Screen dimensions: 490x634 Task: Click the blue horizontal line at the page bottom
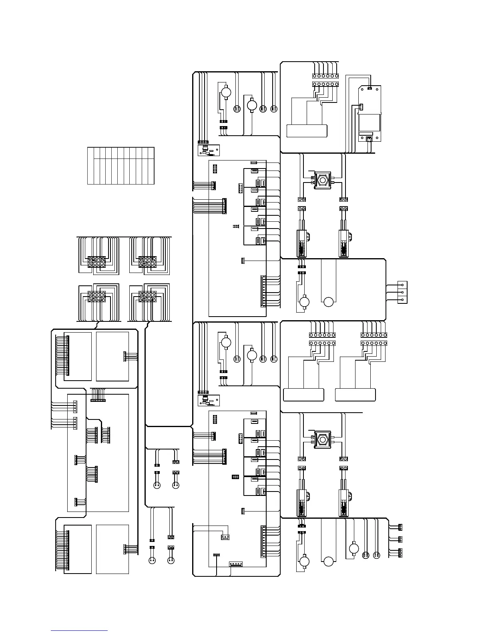(x=79, y=630)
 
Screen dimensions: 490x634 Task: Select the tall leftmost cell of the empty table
(x=90, y=166)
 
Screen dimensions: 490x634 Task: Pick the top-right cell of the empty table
(x=151, y=152)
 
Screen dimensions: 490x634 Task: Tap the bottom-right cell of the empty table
(x=151, y=171)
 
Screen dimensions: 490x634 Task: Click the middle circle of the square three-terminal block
(x=402, y=292)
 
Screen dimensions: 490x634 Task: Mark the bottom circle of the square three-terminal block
(x=402, y=299)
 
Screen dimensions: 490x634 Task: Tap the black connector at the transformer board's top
(x=370, y=88)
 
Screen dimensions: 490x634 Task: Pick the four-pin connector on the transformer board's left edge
(x=360, y=107)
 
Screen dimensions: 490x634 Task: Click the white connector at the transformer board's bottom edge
(x=369, y=138)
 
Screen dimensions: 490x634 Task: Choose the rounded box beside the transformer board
(x=307, y=131)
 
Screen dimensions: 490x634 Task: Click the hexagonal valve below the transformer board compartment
(x=322, y=181)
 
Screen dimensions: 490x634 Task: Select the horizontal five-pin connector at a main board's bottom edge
(x=236, y=564)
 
